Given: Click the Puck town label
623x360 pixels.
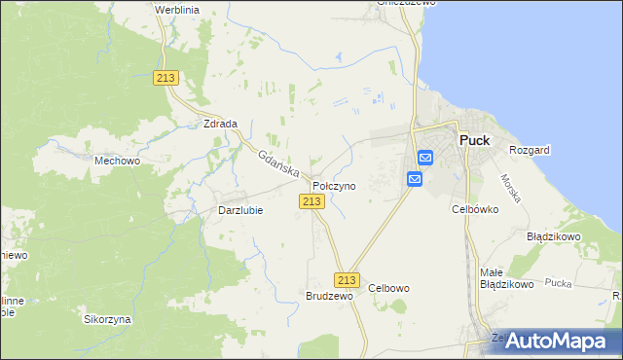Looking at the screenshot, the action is click(474, 140).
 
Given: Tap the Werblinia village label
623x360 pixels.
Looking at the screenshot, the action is click(176, 9).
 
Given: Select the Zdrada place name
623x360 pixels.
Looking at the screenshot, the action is click(220, 125).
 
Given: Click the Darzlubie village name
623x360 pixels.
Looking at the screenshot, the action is click(239, 209).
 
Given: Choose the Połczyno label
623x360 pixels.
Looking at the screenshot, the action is click(334, 185).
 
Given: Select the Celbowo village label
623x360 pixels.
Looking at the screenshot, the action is click(389, 288).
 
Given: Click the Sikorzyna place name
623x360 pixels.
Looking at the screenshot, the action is click(107, 319).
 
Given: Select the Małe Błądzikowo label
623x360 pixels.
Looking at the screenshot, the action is click(507, 278).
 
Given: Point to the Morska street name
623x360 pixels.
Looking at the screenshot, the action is click(512, 188).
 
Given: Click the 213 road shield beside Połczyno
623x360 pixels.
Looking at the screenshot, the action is click(311, 200).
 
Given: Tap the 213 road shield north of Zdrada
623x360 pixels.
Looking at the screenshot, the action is click(165, 78).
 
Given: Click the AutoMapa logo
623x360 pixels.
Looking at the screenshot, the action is click(555, 341).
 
